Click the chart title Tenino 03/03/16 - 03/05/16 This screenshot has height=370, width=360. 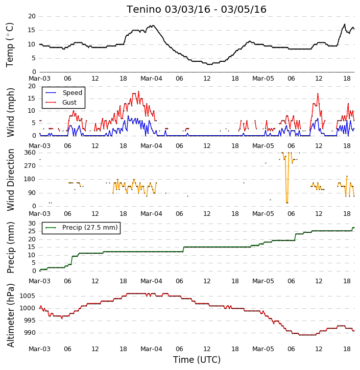point(197,9)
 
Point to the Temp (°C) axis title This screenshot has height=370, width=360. point(10,45)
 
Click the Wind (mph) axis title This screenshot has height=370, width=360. point(10,112)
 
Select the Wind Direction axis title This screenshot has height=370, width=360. point(10,180)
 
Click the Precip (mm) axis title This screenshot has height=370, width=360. point(10,248)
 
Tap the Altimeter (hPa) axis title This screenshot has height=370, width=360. point(10,315)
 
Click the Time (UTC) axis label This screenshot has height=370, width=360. point(197,360)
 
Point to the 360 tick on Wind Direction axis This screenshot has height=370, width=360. point(30,153)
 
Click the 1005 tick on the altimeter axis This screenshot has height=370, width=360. point(27,296)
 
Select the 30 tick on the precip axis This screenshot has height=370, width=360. point(32,224)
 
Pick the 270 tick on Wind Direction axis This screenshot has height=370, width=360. point(30,166)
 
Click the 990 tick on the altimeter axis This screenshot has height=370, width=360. point(29,333)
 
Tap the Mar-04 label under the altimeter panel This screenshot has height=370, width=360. point(151,349)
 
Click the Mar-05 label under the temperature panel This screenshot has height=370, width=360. point(263,79)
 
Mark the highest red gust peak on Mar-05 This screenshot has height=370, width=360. point(318,94)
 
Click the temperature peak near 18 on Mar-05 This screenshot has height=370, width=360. point(345,24)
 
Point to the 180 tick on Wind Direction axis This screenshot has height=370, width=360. point(30,179)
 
